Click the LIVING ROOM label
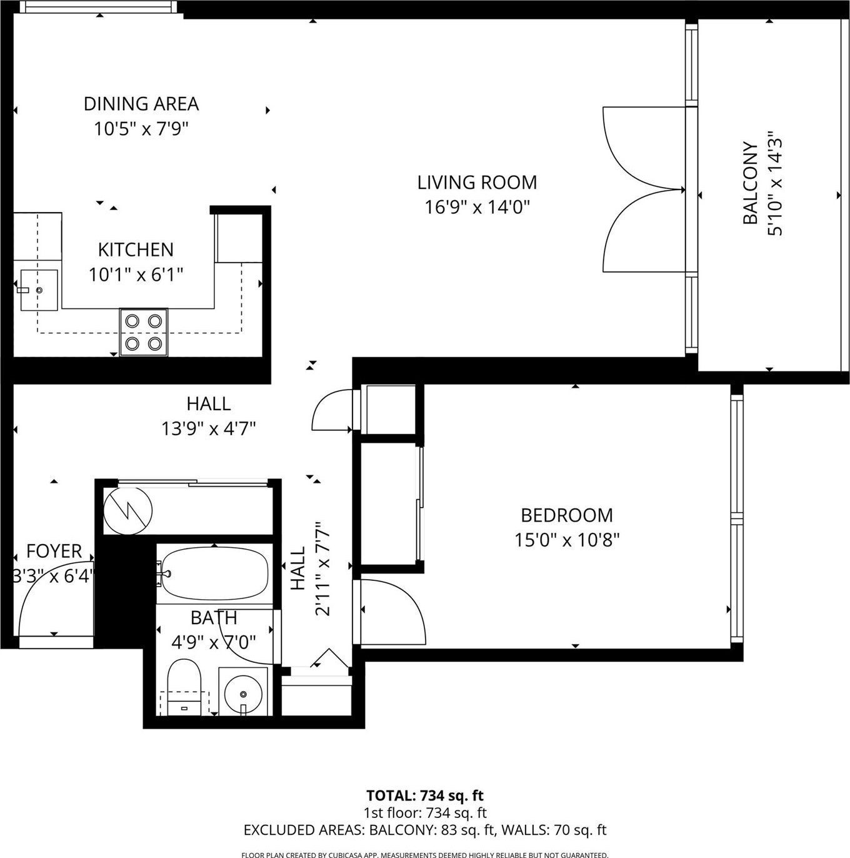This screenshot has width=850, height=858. (x=477, y=183)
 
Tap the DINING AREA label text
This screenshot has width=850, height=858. (x=141, y=104)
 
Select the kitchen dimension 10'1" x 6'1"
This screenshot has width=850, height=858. (x=136, y=275)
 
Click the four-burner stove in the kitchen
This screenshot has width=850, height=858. (x=144, y=332)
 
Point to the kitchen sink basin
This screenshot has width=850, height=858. (x=39, y=290)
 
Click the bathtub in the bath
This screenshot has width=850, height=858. (x=214, y=573)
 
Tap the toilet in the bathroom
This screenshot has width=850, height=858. (x=184, y=687)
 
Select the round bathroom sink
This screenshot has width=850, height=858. (x=243, y=694)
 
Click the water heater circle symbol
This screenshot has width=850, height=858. (x=128, y=510)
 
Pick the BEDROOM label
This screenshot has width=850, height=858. (x=566, y=515)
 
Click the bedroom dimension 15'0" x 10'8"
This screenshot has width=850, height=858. (x=567, y=540)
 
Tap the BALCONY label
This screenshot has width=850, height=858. (x=751, y=183)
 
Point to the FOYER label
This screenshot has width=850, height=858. (x=54, y=551)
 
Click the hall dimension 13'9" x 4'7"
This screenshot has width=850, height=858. (x=208, y=429)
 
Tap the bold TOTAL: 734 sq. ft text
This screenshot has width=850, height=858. (x=424, y=795)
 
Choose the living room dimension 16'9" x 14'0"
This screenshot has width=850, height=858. (x=477, y=208)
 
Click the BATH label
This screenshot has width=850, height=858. (x=214, y=618)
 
